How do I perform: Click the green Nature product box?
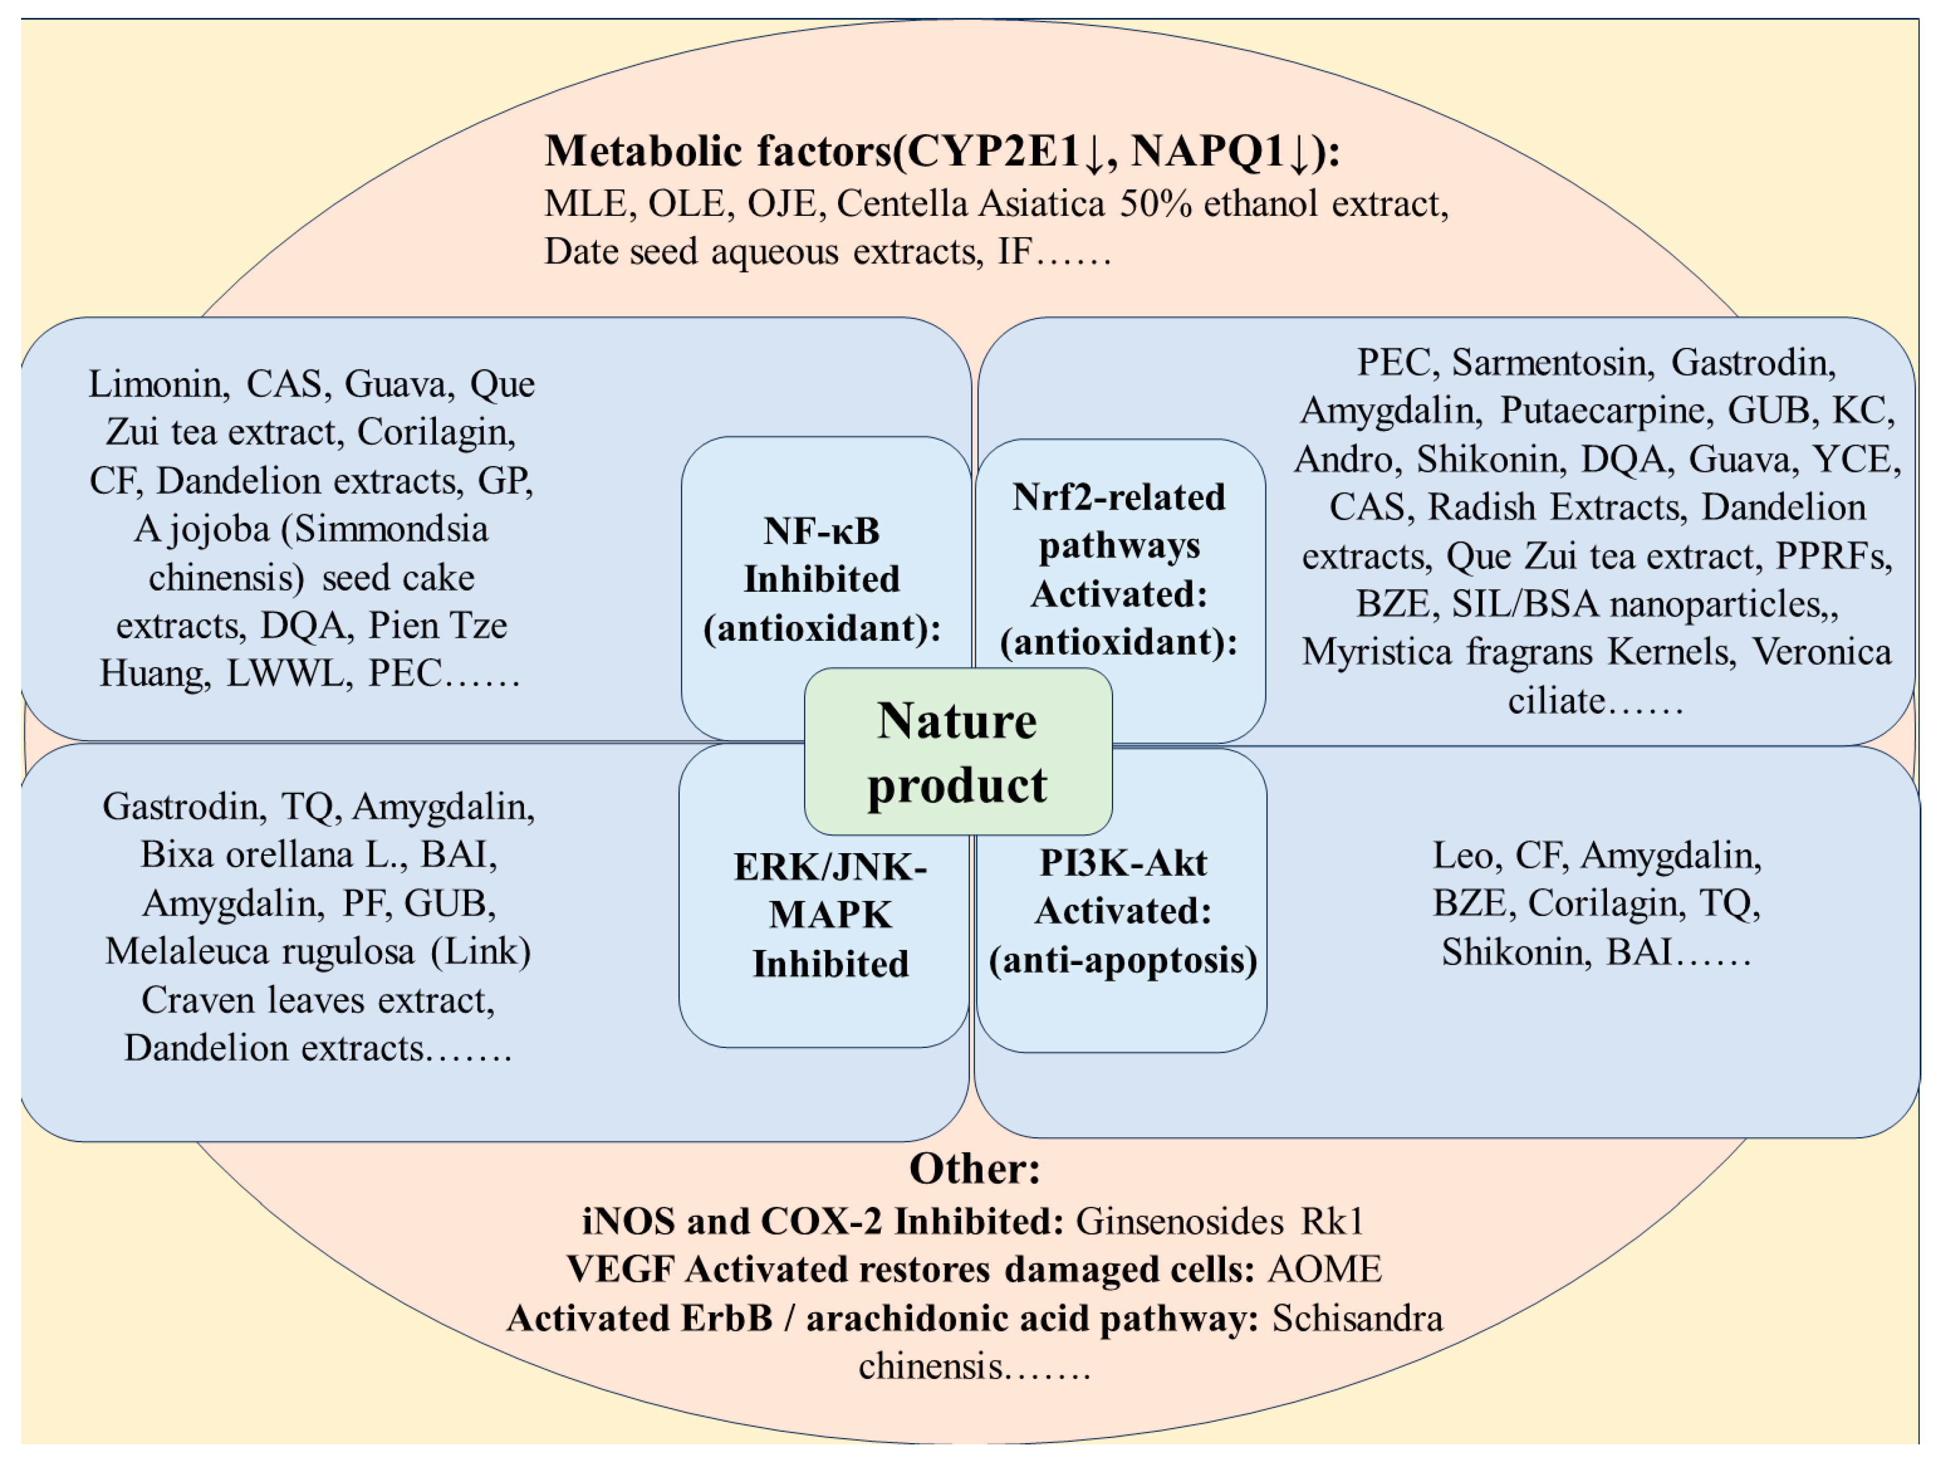tap(958, 752)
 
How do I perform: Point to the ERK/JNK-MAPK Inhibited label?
tap(830, 915)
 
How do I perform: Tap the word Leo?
tap(1462, 855)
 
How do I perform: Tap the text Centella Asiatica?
tap(970, 204)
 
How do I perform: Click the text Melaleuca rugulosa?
tap(260, 951)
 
